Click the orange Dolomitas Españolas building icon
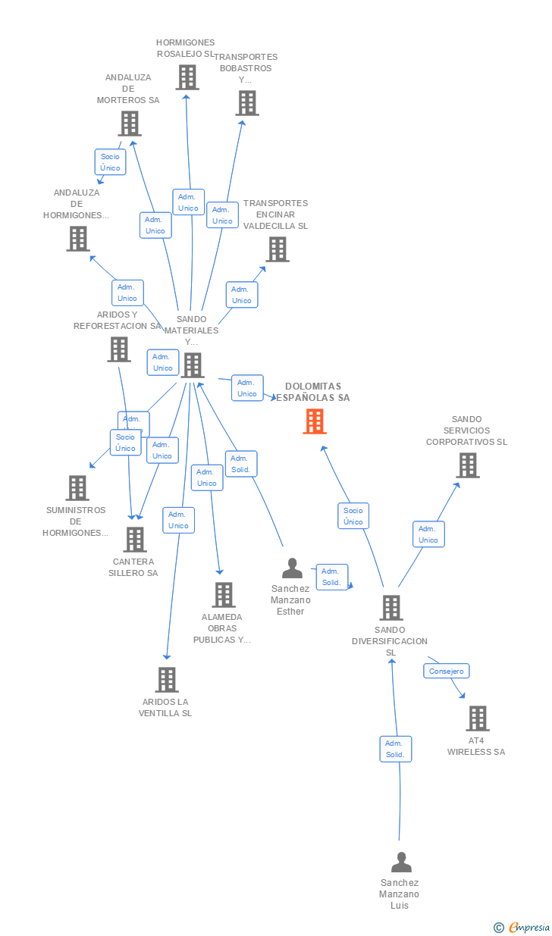tap(315, 421)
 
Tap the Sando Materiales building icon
tap(193, 365)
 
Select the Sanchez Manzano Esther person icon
tap(292, 568)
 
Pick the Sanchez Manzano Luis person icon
tap(401, 862)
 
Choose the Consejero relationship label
tap(446, 671)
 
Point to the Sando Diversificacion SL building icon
tap(390, 608)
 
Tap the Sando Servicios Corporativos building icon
tap(468, 465)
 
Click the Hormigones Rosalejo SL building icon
tap(187, 77)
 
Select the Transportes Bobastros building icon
tap(247, 103)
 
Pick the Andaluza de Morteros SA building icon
tap(130, 124)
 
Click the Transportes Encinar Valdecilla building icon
tap(278, 249)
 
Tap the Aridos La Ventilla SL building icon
tap(167, 680)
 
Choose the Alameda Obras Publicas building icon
tap(224, 595)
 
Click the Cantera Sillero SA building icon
tap(135, 540)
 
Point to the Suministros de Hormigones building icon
tap(77, 488)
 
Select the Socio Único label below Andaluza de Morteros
tap(111, 162)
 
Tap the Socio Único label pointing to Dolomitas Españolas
tap(353, 516)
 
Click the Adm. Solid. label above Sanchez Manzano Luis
tap(395, 749)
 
